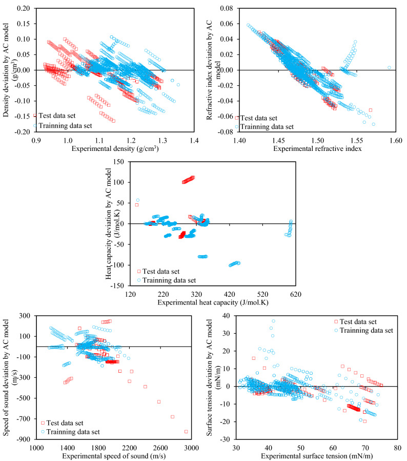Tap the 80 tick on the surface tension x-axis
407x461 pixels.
point(397,447)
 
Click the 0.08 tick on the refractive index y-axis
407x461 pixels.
point(226,8)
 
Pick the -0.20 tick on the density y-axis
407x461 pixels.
point(23,131)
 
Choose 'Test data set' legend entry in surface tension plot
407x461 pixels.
point(357,321)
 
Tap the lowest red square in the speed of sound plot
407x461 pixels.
point(186,431)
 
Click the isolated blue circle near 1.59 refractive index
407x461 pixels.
point(389,67)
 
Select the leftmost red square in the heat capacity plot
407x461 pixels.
point(137,205)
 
